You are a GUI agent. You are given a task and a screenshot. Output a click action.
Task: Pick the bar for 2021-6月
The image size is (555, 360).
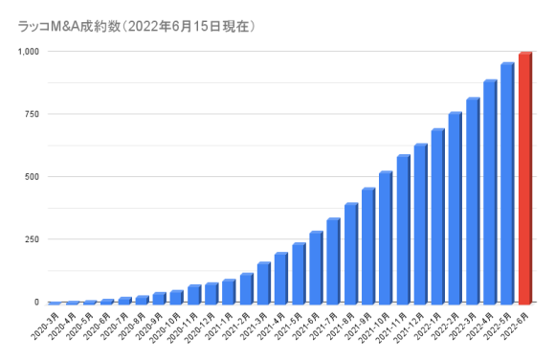point(316,267)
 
